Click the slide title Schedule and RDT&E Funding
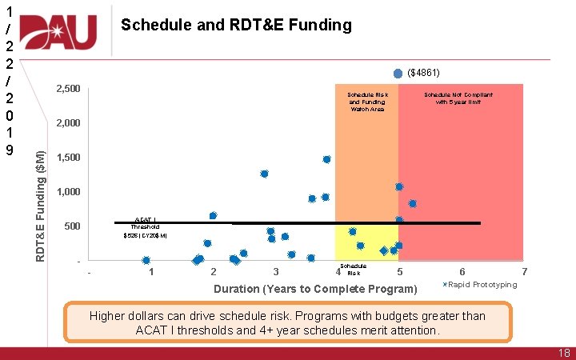tap(236, 26)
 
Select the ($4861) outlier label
tap(423, 72)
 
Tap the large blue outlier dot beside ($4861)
tap(398, 72)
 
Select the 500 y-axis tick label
tap(71, 226)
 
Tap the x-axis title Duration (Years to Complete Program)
tap(315, 288)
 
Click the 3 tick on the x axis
tap(276, 273)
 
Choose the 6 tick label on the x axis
tap(462, 273)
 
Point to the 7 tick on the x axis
tap(524, 273)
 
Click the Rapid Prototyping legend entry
tap(482, 285)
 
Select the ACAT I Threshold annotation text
tap(145, 226)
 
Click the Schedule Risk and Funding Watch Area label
tap(366, 102)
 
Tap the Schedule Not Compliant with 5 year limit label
tap(458, 98)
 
